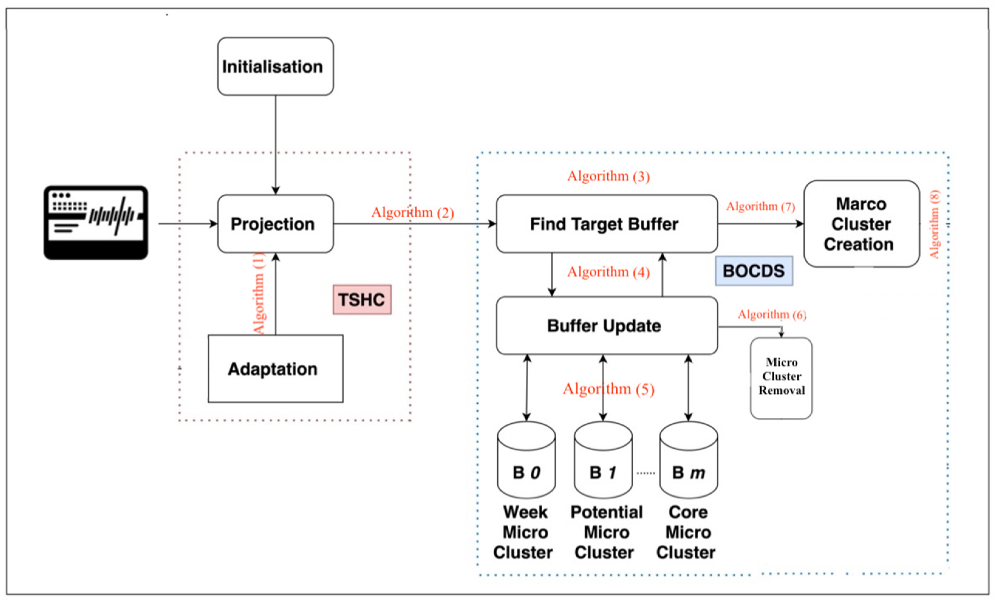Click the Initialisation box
(275, 67)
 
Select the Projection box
(275, 224)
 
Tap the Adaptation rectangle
(275, 368)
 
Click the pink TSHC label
(362, 299)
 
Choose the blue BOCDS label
(754, 271)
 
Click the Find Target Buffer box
(607, 224)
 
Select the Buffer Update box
(607, 326)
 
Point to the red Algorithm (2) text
(412, 213)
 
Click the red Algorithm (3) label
(608, 176)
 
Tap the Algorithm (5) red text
(608, 389)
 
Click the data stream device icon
(96, 223)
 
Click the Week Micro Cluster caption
(524, 532)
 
